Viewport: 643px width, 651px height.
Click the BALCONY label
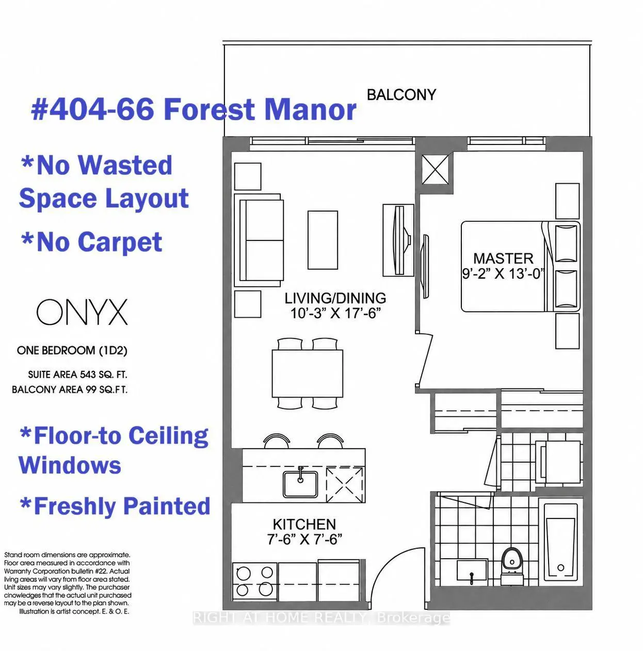pos(401,94)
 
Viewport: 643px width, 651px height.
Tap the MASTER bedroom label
pos(503,258)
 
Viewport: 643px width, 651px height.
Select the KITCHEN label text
pos(304,524)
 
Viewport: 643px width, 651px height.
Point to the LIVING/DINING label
pos(335,298)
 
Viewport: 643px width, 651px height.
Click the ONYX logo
pos(82,312)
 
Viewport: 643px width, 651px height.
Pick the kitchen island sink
pos(300,484)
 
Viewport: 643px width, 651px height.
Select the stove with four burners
pos(255,582)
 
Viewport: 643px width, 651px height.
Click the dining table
pos(307,373)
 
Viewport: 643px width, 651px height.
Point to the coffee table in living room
pos(323,240)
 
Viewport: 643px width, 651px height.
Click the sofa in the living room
pos(259,240)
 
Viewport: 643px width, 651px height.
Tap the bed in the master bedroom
pos(521,267)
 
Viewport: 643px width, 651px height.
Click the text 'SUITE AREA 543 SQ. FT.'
pos(78,375)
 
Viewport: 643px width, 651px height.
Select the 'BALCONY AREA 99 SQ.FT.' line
pos(70,389)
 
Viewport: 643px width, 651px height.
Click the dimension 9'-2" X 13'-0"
pos(504,273)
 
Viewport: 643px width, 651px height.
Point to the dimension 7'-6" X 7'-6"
pos(304,540)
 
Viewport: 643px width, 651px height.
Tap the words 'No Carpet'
pos(92,242)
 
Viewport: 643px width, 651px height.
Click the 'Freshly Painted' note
pos(115,506)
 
